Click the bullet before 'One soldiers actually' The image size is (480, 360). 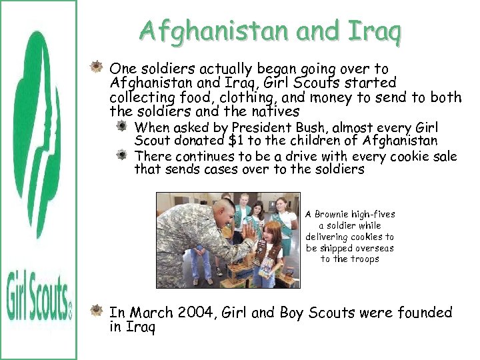click(x=99, y=68)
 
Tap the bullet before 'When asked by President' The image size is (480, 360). click(x=123, y=127)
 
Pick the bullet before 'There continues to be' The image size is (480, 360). click(x=123, y=155)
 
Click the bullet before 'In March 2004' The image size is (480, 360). click(x=99, y=311)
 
